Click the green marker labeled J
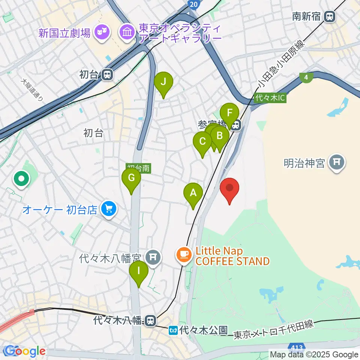point(163,82)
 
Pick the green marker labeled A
point(193,194)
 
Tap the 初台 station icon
point(107,75)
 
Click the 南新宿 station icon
point(330,16)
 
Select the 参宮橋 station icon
point(236,124)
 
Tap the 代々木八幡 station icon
point(150,321)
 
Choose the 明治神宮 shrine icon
point(337,162)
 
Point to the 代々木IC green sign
point(270,98)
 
